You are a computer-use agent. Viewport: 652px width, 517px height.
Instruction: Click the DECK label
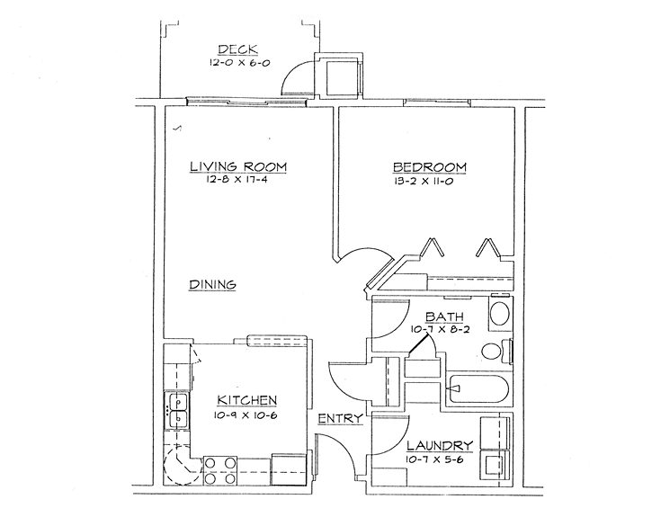point(237,49)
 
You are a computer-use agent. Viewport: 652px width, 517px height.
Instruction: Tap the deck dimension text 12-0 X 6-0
point(239,63)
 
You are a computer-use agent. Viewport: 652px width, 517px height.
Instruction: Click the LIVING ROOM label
point(238,166)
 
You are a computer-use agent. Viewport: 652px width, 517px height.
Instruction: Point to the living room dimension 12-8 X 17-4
point(236,180)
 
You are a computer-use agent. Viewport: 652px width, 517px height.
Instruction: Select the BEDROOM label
point(430,167)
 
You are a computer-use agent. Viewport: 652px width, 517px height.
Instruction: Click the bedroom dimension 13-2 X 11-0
point(423,182)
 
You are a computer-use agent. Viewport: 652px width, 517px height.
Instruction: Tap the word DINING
point(213,285)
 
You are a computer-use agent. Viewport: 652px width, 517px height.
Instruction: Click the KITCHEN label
point(247,400)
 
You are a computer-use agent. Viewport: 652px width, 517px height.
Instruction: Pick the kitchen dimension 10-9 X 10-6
point(246,415)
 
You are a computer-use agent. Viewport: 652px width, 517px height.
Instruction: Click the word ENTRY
point(340,418)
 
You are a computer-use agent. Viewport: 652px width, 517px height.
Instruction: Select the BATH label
point(444,316)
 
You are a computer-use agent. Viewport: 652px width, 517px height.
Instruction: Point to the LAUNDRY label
point(440,446)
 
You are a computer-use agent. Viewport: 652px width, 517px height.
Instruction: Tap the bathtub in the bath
point(478,389)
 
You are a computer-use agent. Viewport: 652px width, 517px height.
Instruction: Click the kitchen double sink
point(178,411)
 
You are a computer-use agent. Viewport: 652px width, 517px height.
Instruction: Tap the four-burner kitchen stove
point(220,470)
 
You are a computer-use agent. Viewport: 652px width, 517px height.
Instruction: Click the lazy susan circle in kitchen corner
point(181,467)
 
